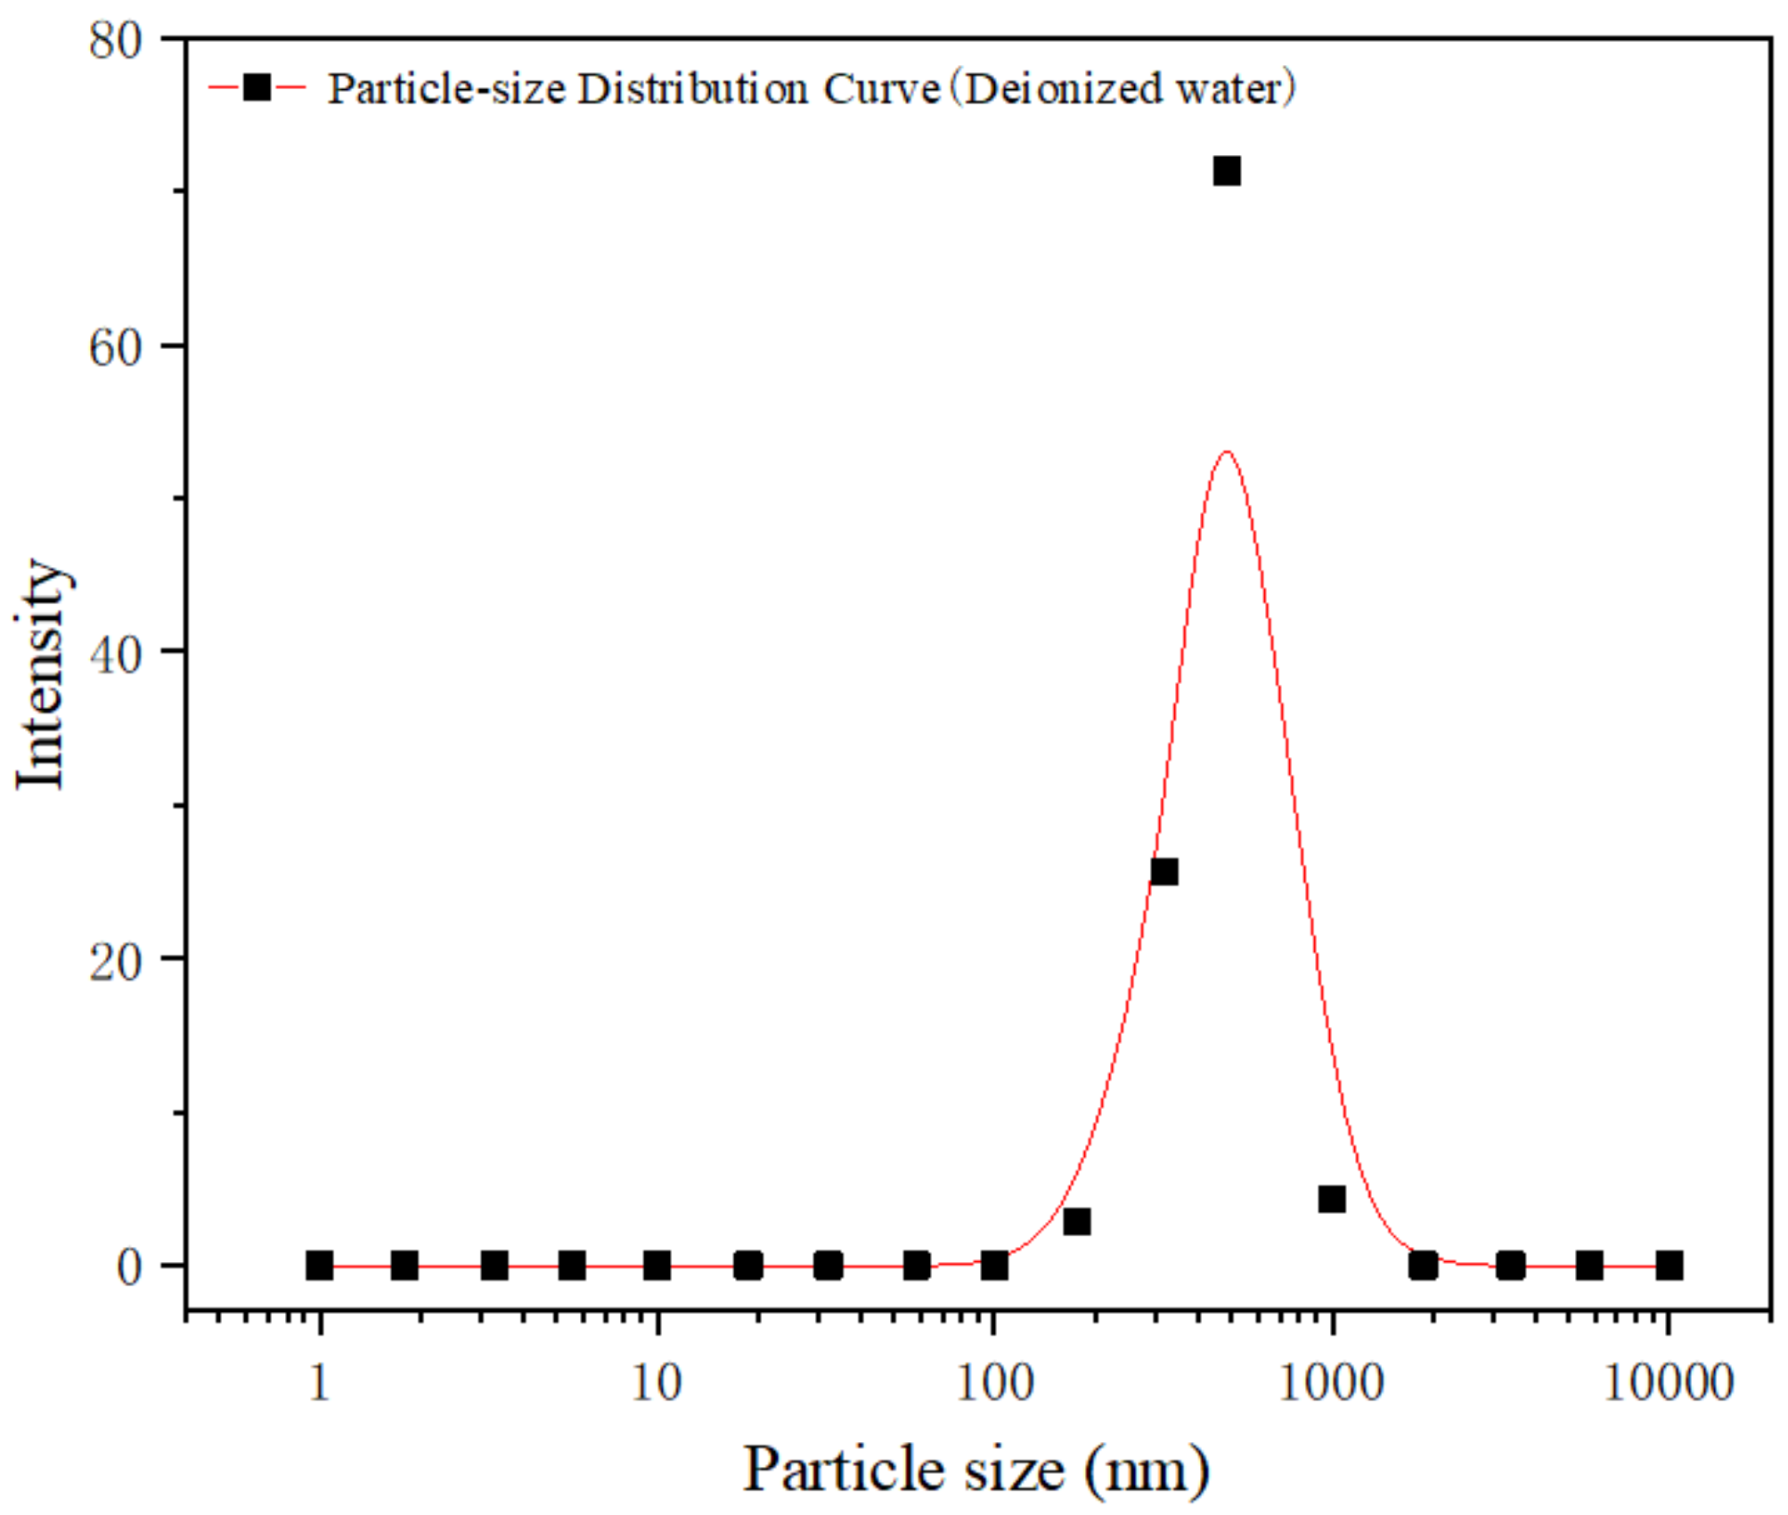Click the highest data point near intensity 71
point(1227,171)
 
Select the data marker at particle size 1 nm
point(320,1266)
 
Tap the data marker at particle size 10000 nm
point(1670,1266)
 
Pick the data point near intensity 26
point(1164,872)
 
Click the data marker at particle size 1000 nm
point(1332,1200)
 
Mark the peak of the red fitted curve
point(1228,452)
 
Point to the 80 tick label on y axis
point(116,41)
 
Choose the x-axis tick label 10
point(657,1384)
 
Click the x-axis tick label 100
point(994,1384)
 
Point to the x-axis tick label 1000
point(1331,1384)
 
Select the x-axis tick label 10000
point(1668,1384)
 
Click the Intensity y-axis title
point(41,674)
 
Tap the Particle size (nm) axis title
point(976,1470)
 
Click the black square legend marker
point(257,87)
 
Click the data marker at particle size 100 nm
point(994,1266)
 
